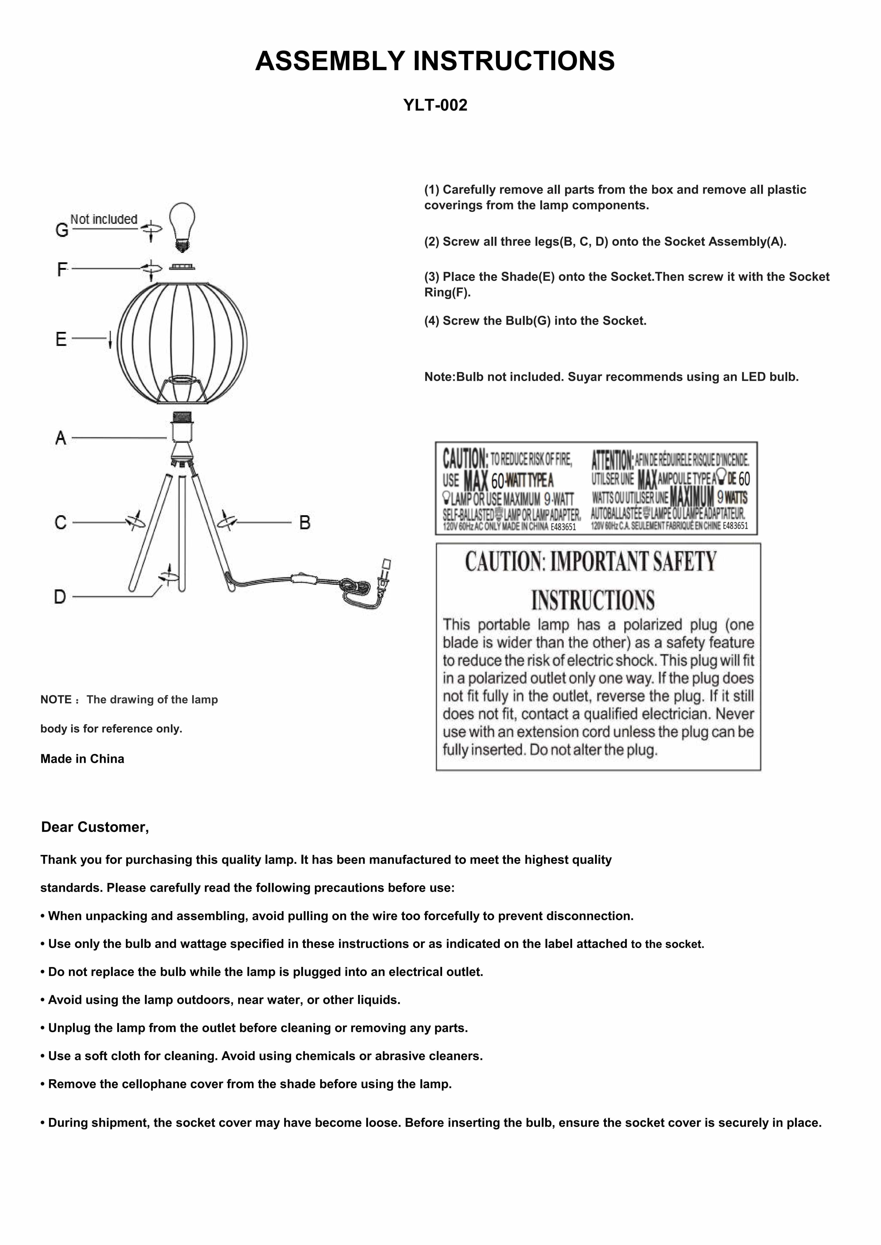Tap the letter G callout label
[62, 230]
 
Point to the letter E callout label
[61, 339]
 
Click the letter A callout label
[61, 438]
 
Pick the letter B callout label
[305, 523]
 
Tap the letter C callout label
[61, 523]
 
